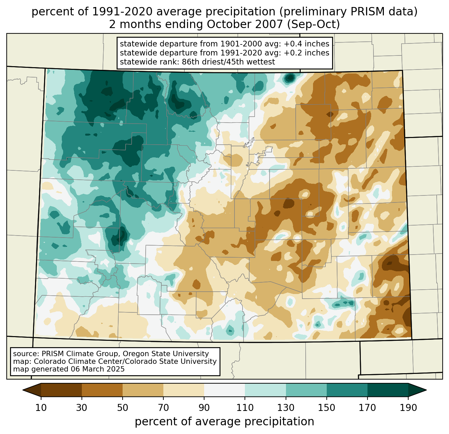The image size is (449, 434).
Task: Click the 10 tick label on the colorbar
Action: click(41, 408)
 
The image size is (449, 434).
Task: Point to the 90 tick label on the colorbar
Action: click(204, 408)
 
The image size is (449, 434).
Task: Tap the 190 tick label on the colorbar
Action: click(408, 408)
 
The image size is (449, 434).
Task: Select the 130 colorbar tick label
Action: click(286, 408)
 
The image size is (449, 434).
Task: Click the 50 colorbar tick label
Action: click(123, 408)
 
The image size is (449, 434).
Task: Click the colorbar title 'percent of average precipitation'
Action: click(224, 422)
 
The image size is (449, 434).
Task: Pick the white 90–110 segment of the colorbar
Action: click(224, 390)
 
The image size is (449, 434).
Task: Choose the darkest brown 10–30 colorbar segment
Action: click(61, 390)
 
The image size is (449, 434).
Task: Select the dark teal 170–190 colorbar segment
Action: click(388, 390)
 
